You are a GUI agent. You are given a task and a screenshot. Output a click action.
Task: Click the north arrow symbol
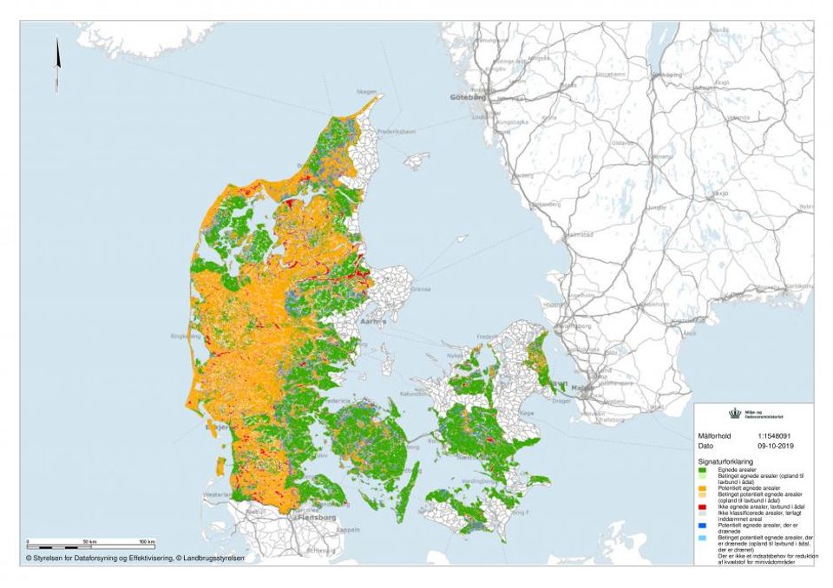click(57, 64)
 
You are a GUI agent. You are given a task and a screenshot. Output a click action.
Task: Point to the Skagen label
click(366, 91)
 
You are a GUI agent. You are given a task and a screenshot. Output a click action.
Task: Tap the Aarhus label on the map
click(374, 321)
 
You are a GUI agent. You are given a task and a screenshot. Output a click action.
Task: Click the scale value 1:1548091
click(775, 435)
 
